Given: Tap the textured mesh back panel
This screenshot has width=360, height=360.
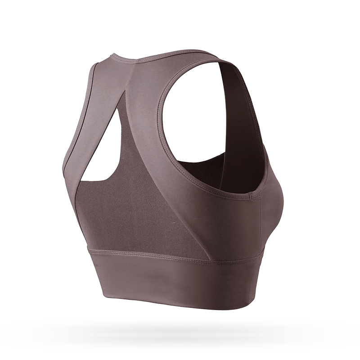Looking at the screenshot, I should [135, 211].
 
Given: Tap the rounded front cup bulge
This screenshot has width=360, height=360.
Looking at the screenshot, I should [270, 189].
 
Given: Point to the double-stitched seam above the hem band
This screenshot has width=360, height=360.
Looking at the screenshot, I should [180, 256].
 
